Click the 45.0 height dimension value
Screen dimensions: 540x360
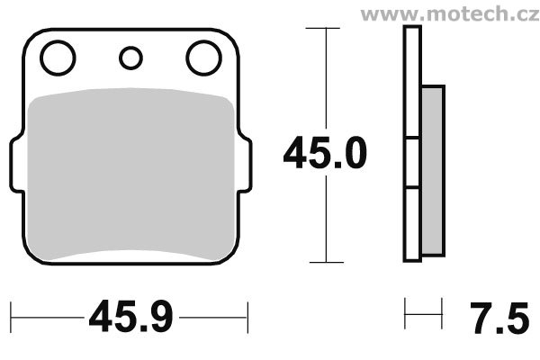pyautogui.click(x=325, y=153)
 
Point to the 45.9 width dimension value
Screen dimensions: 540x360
pyautogui.click(x=130, y=317)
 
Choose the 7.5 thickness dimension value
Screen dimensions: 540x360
pyautogui.click(x=499, y=318)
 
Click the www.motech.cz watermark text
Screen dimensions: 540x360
pyautogui.click(x=450, y=13)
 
